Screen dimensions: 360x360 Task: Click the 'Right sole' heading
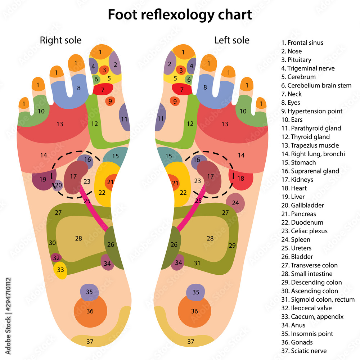[60, 40]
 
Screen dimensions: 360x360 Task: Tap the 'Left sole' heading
[231, 40]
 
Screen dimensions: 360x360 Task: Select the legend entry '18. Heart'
[294, 188]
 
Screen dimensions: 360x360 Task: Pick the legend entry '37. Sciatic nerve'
[304, 351]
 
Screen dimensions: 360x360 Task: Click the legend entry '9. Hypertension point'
[312, 111]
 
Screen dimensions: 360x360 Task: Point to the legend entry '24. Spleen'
[296, 240]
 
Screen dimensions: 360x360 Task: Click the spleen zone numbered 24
[235, 203]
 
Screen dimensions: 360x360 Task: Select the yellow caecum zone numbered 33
[60, 270]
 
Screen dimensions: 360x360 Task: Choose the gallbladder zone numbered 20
[58, 185]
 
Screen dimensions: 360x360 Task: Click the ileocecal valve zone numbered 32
[56, 258]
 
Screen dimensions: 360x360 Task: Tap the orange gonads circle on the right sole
[90, 311]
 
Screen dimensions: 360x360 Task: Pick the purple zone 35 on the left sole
[195, 292]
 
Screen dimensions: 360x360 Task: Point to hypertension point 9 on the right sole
[110, 101]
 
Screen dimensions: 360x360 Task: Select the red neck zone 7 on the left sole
[182, 89]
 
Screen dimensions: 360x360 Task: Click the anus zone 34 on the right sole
[107, 263]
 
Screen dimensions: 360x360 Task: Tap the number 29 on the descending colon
[232, 246]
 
